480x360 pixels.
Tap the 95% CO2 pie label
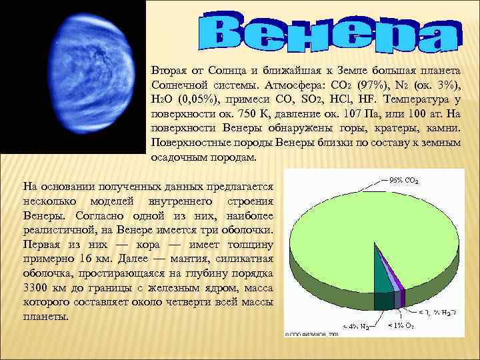[x=403, y=179]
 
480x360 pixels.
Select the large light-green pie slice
[x=360, y=240]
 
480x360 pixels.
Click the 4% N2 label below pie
[x=357, y=327]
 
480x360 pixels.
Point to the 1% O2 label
[x=401, y=327]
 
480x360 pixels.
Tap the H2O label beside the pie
[x=437, y=313]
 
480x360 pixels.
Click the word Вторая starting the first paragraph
[x=169, y=71]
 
